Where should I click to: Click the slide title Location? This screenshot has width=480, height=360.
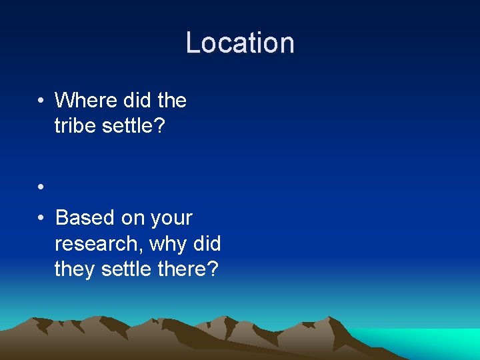[240, 43]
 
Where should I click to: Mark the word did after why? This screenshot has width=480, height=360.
[207, 244]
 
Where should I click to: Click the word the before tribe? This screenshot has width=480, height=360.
[172, 101]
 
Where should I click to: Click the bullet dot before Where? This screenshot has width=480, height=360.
[41, 101]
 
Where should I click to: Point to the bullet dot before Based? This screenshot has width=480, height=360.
[41, 219]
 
